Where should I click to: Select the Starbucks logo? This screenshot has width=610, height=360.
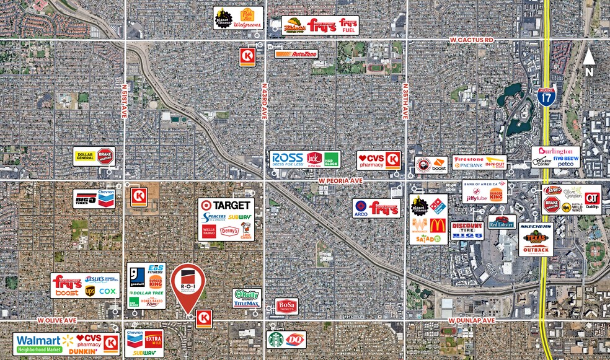click(276, 340)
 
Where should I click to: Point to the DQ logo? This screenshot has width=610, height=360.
click(294, 340)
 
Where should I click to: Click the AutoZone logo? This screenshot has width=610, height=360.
click(296, 54)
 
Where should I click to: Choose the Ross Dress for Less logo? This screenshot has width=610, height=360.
click(288, 159)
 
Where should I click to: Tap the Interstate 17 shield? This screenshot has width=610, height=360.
click(546, 95)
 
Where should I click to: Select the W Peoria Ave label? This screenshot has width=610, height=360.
click(340, 180)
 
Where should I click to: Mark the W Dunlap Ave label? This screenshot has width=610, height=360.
click(472, 320)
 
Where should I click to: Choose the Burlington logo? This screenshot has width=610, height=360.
click(555, 152)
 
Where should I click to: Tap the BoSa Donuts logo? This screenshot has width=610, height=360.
click(286, 306)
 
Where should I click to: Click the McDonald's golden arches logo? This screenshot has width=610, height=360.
click(438, 225)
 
